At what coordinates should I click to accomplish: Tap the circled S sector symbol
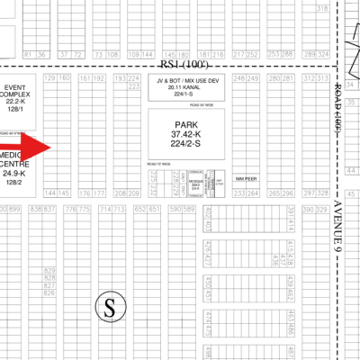click(x=109, y=308)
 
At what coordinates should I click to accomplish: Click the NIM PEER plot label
click(x=246, y=179)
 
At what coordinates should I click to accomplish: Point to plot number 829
click(x=49, y=271)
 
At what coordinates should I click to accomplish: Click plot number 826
click(x=49, y=293)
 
